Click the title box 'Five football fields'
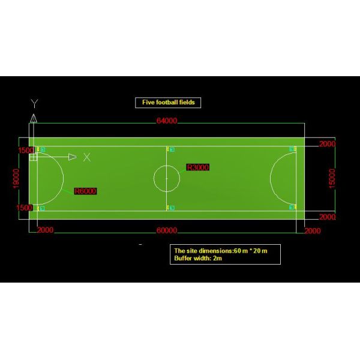[x=168, y=103]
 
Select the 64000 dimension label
[x=167, y=121]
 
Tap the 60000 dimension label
[x=167, y=230]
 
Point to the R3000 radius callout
[x=197, y=167]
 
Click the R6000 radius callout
[x=85, y=191]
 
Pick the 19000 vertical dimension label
[x=16, y=179]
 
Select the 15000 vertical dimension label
[x=332, y=179]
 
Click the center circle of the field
[x=167, y=178]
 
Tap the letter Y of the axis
[x=34, y=104]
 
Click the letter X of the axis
[x=87, y=157]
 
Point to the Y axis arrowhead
[x=34, y=118]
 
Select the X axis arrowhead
[x=73, y=157]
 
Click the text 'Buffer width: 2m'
[x=198, y=258]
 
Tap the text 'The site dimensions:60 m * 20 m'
[x=221, y=251]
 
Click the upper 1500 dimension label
[x=26, y=151]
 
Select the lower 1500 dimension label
[x=25, y=208]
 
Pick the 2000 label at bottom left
[x=45, y=230]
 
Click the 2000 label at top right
[x=328, y=144]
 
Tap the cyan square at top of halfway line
[x=172, y=149]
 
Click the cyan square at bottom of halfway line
[x=172, y=208]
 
